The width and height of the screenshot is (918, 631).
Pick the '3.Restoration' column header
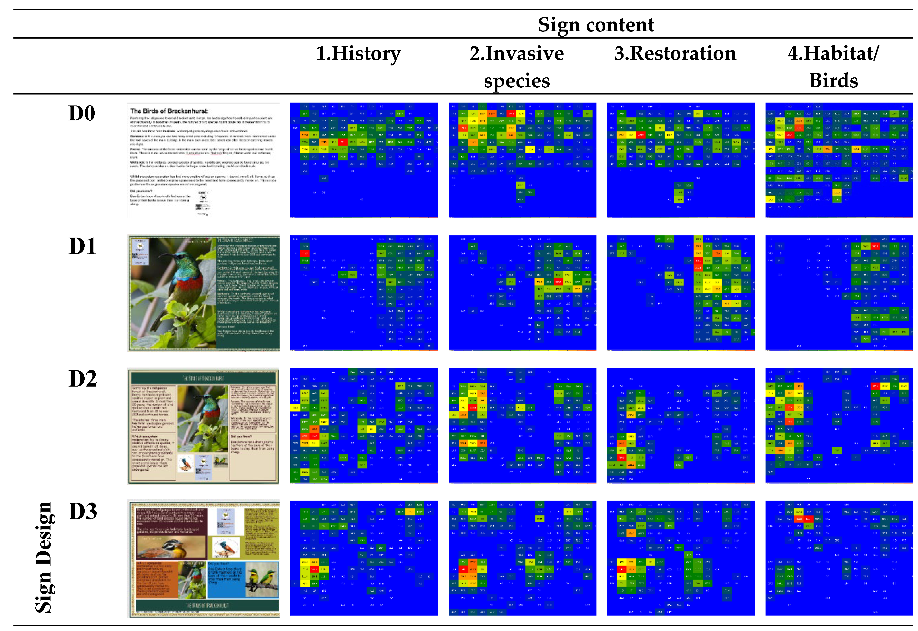coord(675,53)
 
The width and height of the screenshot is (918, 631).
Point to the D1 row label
coord(82,246)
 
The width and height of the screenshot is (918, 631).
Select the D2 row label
coord(82,379)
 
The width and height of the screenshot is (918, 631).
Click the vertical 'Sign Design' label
coord(44,557)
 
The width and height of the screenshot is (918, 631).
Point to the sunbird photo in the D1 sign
coord(174,293)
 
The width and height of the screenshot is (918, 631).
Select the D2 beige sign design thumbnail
coord(203,426)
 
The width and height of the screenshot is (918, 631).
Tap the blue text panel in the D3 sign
coord(226,579)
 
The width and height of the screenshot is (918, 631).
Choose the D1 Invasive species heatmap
coord(522,293)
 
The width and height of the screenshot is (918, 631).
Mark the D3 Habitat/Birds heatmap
coord(839,558)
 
